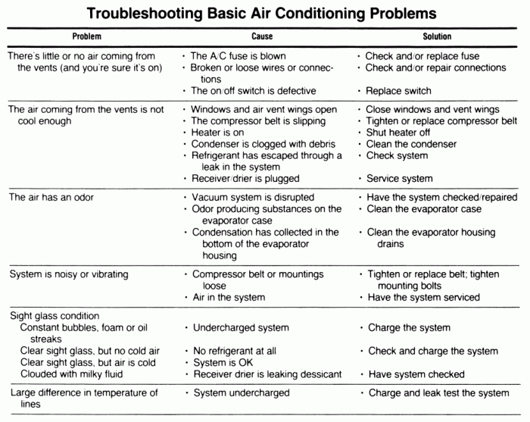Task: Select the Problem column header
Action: (86, 36)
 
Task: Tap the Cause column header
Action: (262, 36)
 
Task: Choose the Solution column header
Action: (437, 36)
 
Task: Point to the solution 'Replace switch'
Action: (398, 91)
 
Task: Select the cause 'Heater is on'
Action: (222, 133)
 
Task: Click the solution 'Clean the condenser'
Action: (411, 144)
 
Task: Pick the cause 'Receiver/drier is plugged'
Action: (248, 179)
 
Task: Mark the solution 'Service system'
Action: (399, 179)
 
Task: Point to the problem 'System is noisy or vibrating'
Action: (69, 274)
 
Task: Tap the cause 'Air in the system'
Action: (228, 298)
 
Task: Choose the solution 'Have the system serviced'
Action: (423, 298)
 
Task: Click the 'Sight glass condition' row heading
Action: (55, 316)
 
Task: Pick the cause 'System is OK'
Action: (220, 363)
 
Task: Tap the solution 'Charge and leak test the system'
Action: (438, 393)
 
